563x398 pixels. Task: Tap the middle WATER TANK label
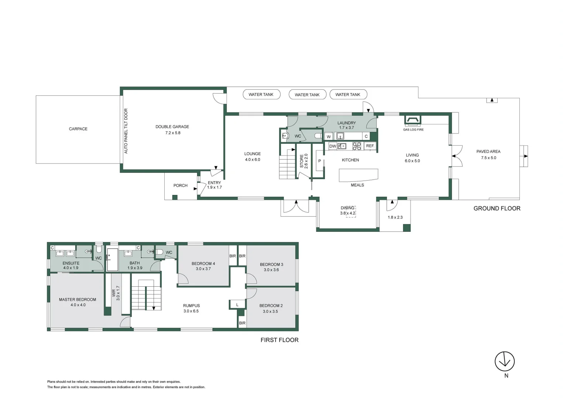tap(307, 95)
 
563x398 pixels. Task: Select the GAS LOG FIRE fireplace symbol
tap(412, 120)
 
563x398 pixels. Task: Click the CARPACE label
tap(78, 129)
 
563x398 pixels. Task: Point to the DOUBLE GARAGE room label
tap(172, 127)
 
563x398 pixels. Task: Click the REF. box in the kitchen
tap(370, 146)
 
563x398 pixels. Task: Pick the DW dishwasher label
tap(333, 146)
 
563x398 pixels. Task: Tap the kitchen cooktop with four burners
tap(357, 146)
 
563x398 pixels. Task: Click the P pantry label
tap(319, 161)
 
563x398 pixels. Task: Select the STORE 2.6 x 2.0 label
tap(303, 161)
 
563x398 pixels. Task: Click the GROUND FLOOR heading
tap(497, 209)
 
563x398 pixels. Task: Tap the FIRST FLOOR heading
tap(279, 340)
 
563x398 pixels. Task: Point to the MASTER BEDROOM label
tap(78, 300)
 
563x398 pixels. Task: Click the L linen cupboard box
tap(237, 305)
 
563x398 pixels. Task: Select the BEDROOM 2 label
tap(271, 306)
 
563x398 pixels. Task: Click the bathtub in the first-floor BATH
tap(112, 260)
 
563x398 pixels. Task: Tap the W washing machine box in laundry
tap(329, 136)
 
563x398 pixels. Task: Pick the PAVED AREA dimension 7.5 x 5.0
tap(488, 158)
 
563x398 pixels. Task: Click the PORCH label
tap(181, 185)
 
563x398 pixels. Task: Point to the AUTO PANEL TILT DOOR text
tap(126, 131)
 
